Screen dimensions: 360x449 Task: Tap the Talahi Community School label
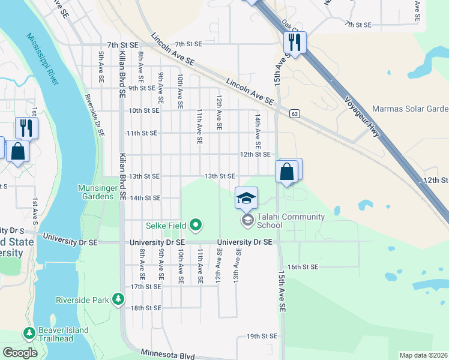coord(291,221)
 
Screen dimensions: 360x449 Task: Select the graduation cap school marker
coord(246,199)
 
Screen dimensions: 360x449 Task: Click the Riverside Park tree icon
coord(119,298)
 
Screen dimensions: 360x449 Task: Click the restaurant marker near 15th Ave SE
coord(295,43)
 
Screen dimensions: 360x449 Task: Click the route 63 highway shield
coord(294,113)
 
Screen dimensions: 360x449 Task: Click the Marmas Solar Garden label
coord(411,109)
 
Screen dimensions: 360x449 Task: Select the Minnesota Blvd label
coord(167,355)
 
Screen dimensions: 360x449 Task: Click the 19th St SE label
coord(261,337)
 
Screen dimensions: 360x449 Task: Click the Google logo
coord(20,352)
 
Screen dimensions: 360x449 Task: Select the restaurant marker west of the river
coord(26,128)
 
